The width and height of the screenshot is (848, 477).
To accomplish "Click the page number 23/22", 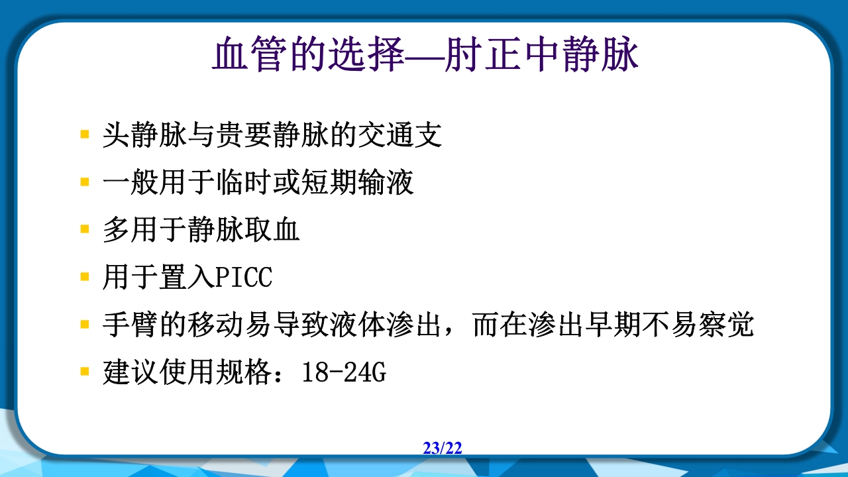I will coord(443,449).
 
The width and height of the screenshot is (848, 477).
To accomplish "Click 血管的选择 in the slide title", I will coord(308,56).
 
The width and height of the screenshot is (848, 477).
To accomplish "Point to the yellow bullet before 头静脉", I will coord(84,134).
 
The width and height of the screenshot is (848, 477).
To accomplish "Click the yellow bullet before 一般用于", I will coord(84,182).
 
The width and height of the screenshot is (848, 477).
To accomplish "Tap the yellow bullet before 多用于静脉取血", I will coord(84,229).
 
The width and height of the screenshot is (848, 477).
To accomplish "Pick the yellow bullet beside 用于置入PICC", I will coord(84,277).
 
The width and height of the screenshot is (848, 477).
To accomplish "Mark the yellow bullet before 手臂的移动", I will coord(84,325).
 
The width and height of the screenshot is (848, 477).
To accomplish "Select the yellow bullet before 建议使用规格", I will coord(84,372).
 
